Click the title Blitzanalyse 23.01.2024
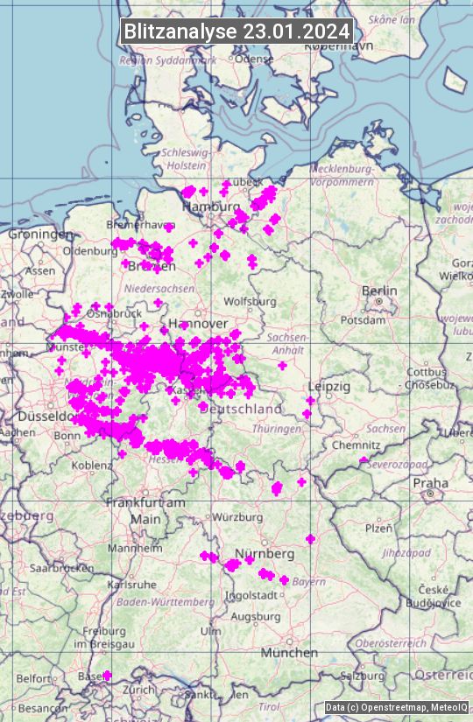click(236, 31)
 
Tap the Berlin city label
click(379, 291)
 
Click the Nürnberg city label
click(265, 554)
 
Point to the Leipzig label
click(329, 386)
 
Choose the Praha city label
click(431, 483)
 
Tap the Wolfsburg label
click(250, 302)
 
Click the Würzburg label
click(237, 516)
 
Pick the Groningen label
click(40, 235)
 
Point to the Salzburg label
click(363, 676)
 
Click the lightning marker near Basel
click(107, 675)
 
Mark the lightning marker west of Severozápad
click(364, 459)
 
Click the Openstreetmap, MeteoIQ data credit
click(396, 707)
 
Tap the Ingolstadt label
click(252, 595)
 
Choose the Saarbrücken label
click(61, 567)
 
